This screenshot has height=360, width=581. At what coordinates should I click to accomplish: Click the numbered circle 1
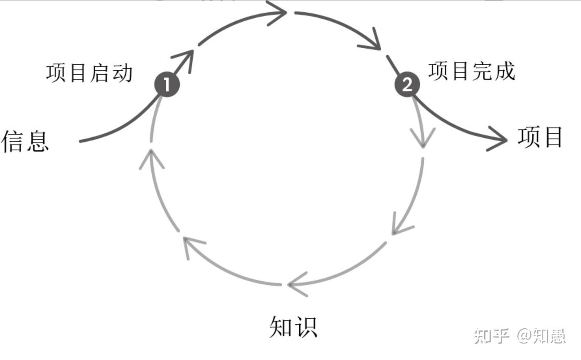pos(167,84)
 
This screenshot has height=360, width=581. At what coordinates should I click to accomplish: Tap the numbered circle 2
pos(407,84)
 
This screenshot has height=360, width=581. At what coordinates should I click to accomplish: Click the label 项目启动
pos(89,73)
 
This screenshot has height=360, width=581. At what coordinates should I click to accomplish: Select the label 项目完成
pos(472,71)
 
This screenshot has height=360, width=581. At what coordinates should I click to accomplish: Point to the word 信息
pos(25,141)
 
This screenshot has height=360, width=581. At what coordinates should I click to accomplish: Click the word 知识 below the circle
pos(293,327)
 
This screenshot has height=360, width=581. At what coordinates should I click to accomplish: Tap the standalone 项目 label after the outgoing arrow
pos(540,137)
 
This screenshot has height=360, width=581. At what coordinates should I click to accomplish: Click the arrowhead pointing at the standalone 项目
pos(499,139)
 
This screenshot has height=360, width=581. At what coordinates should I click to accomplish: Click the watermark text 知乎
pos(491,336)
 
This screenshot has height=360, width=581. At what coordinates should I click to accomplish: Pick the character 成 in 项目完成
pos(504,71)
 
